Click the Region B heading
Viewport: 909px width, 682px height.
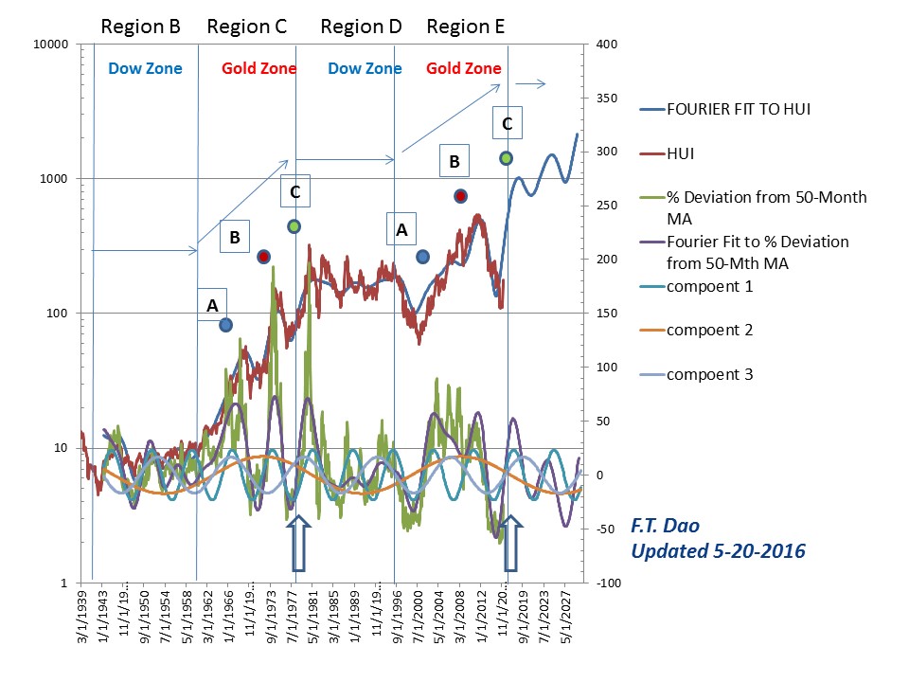point(140,27)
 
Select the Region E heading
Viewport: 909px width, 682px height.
point(465,27)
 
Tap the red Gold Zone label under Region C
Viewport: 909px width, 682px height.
point(258,68)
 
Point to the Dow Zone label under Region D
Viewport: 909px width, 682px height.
point(365,68)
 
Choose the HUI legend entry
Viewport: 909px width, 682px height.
point(684,153)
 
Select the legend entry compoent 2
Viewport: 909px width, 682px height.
point(709,330)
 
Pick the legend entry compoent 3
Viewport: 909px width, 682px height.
point(709,374)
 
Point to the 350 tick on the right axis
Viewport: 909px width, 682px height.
point(608,99)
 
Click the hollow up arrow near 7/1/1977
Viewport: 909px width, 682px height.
point(297,544)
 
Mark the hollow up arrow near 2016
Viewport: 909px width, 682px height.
point(511,544)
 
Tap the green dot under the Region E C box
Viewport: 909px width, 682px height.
point(506,158)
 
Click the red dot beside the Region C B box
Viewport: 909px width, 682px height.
point(264,257)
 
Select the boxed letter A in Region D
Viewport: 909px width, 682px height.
point(401,229)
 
